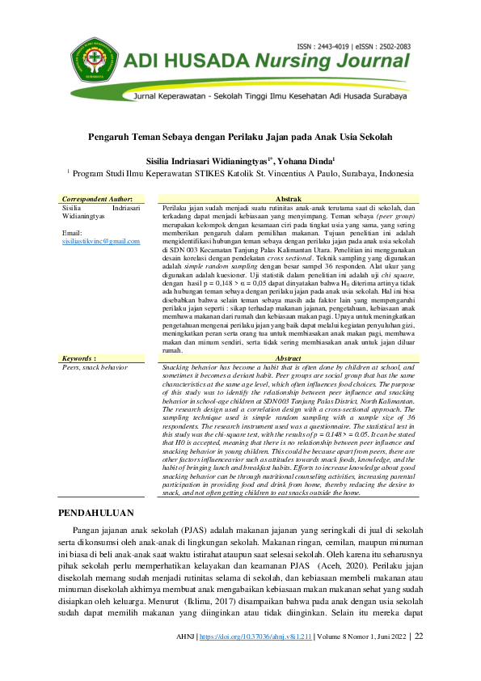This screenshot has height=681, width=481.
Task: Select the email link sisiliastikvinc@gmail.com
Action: coord(101,241)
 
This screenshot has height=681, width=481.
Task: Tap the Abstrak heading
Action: coord(289,199)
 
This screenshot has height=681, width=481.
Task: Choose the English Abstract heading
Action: coord(289,357)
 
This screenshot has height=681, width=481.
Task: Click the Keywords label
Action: coord(79,357)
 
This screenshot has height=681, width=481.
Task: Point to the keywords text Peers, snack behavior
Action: coord(95,366)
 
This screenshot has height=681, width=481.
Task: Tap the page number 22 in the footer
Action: coord(419,659)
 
